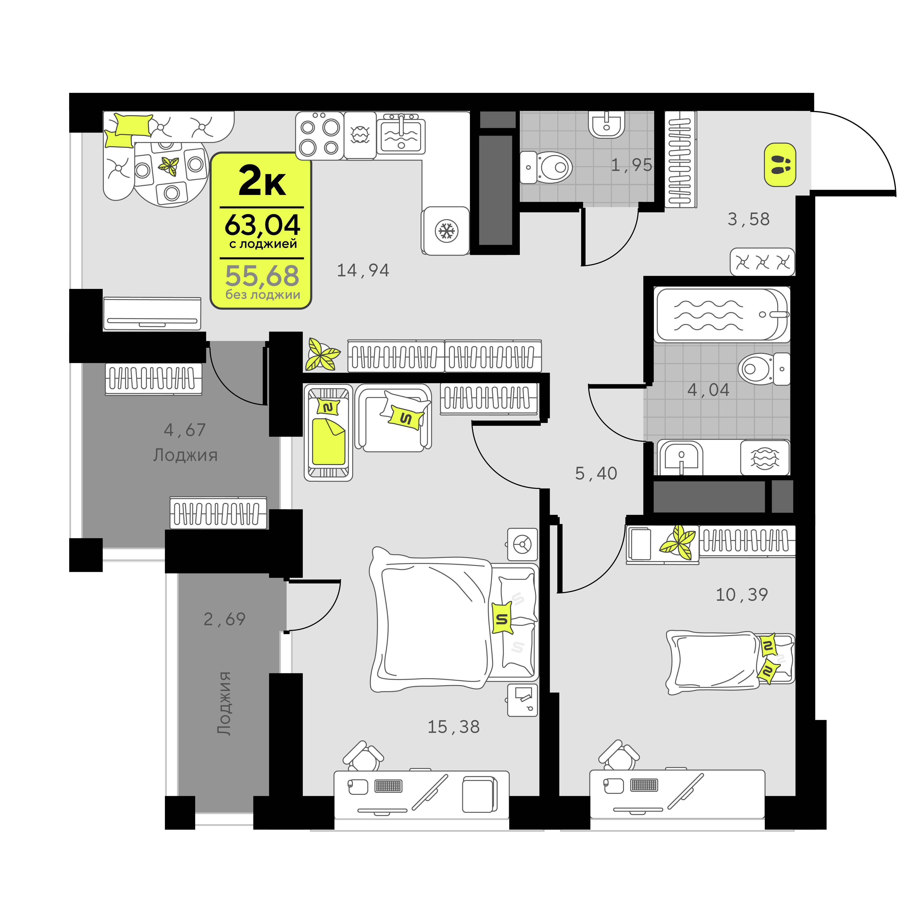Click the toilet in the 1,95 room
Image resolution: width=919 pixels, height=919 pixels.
(x=546, y=167)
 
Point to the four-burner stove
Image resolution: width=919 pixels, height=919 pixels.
(x=319, y=135)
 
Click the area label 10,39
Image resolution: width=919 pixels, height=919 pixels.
(x=742, y=595)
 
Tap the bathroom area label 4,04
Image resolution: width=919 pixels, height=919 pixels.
(x=708, y=390)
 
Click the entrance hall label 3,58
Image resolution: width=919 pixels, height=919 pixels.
(x=749, y=219)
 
